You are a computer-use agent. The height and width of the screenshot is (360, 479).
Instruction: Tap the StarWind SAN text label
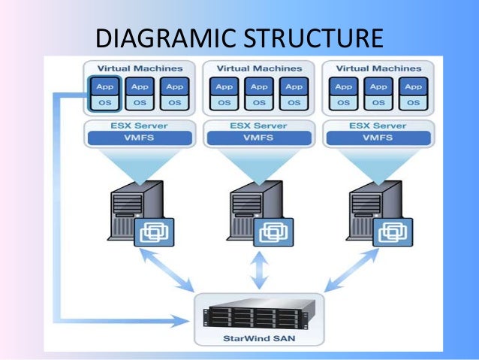click(x=259, y=337)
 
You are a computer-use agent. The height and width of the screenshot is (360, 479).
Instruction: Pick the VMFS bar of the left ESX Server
click(x=140, y=138)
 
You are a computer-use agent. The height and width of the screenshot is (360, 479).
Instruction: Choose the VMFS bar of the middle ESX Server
click(x=259, y=138)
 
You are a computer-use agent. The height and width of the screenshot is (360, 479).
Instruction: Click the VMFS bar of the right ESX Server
click(x=378, y=138)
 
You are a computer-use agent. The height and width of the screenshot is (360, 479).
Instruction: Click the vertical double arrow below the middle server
click(x=259, y=271)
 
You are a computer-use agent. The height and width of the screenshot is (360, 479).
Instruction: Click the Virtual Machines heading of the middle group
click(x=259, y=68)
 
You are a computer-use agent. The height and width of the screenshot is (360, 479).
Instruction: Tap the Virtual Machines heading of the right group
click(x=378, y=68)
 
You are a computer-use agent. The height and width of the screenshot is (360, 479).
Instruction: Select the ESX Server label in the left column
click(x=140, y=125)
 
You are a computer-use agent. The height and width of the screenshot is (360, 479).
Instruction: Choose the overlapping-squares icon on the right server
click(x=393, y=232)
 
